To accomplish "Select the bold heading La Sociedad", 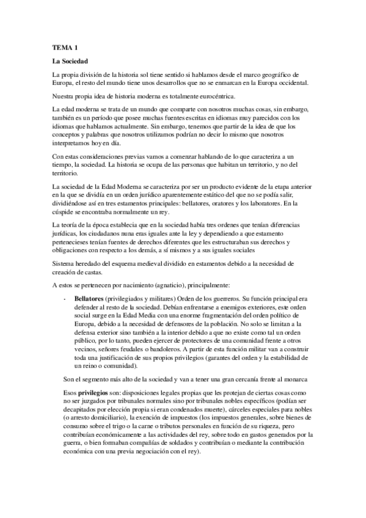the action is tap(70, 62).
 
